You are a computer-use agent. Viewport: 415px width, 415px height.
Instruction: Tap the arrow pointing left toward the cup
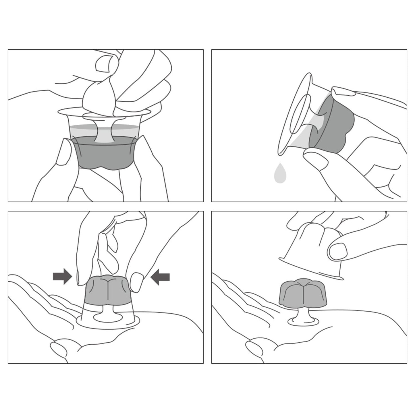click(x=161, y=277)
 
